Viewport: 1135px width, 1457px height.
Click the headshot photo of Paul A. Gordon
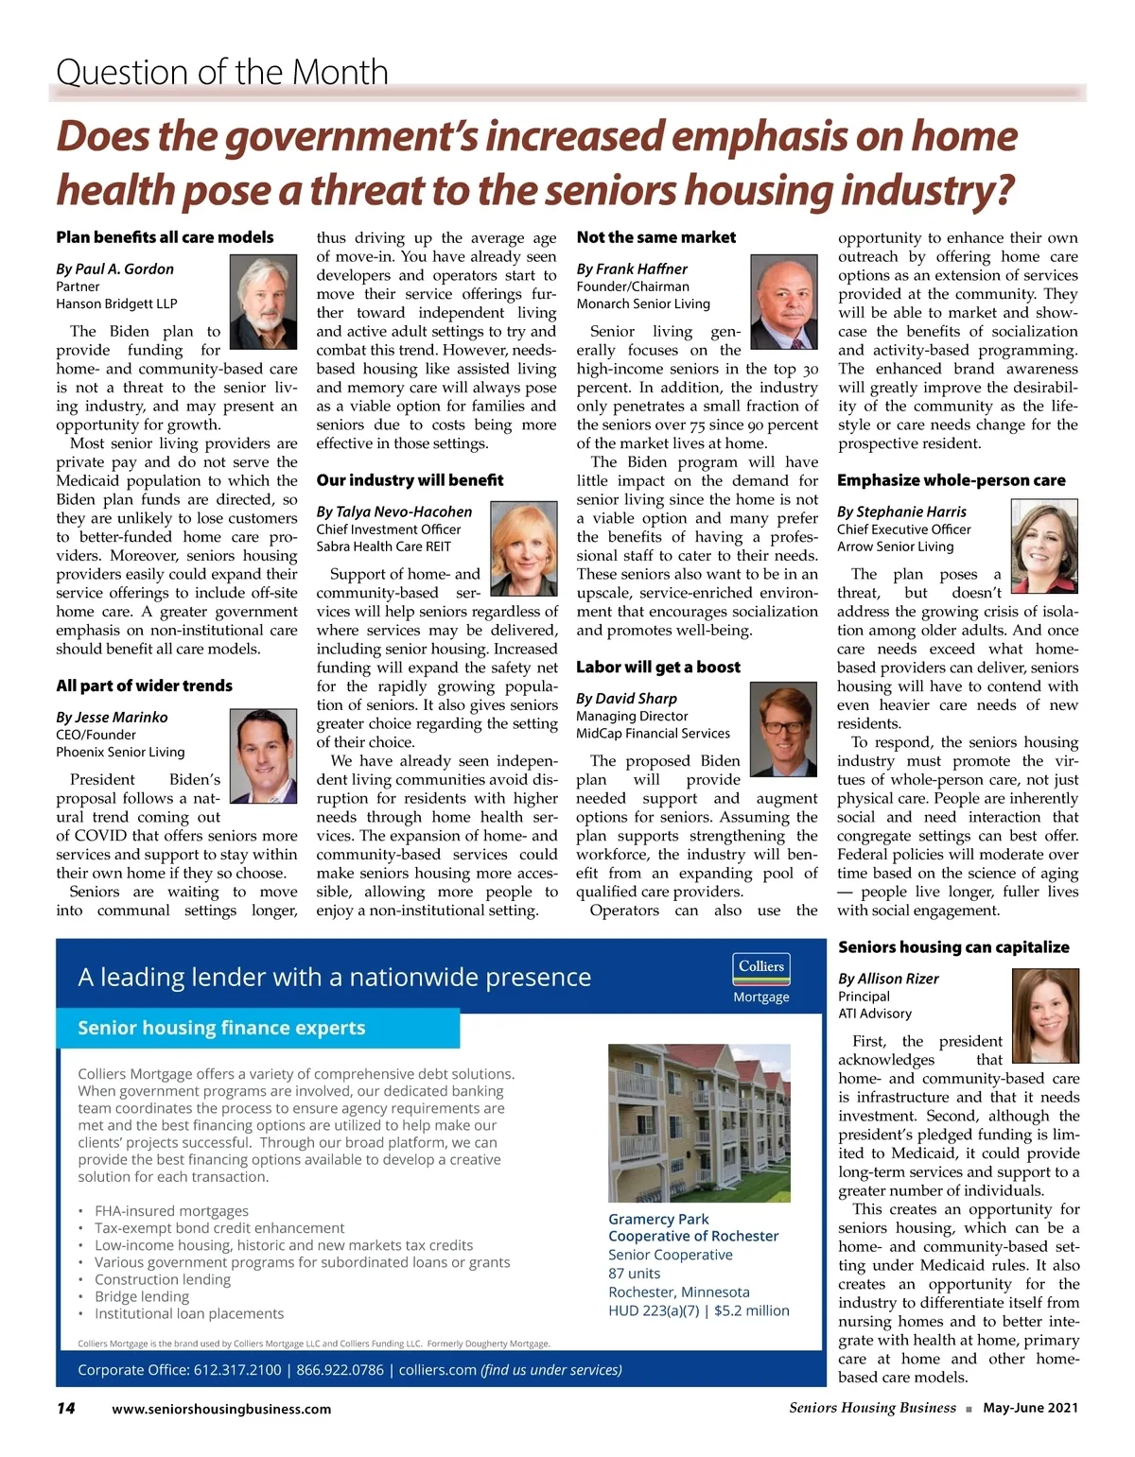(x=264, y=303)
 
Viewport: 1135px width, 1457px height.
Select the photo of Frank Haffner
(x=784, y=303)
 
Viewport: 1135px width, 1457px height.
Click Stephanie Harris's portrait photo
(x=1044, y=546)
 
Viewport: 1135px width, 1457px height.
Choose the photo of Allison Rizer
(x=1045, y=1015)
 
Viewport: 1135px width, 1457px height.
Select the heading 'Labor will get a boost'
(x=658, y=667)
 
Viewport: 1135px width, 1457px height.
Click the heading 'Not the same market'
(x=656, y=237)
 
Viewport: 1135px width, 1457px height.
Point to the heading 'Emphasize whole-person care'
(x=951, y=480)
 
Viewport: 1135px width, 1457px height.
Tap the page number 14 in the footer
(x=66, y=1408)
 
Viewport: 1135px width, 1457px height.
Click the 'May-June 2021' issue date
(x=1030, y=1408)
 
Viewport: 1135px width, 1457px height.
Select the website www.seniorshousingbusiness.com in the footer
(x=221, y=1409)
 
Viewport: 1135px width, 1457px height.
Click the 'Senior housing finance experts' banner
(x=221, y=1028)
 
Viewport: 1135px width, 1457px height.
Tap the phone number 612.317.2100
(x=236, y=1370)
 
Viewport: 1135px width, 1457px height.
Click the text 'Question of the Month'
(x=222, y=72)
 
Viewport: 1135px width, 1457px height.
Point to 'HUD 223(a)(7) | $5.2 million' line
(x=698, y=1310)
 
